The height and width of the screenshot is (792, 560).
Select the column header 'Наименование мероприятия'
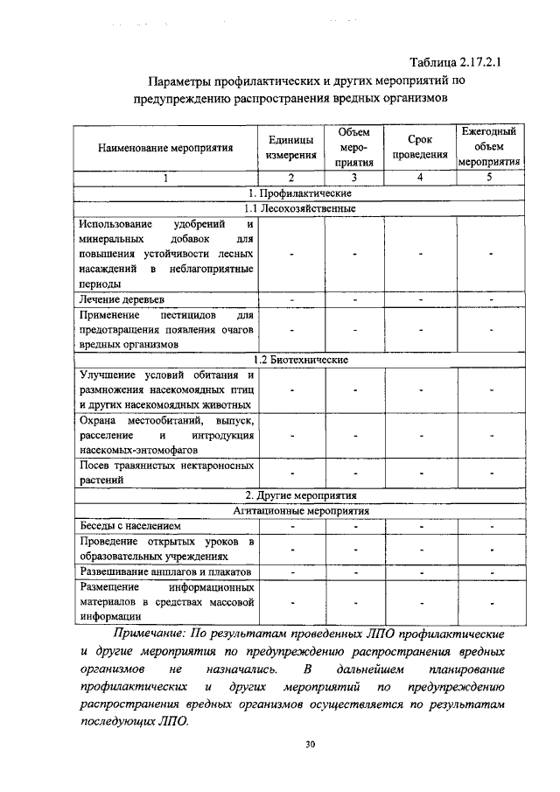(164, 148)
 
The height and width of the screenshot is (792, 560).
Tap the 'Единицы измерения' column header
(291, 147)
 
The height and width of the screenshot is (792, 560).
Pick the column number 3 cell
(355, 178)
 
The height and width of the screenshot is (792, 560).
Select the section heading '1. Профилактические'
(300, 193)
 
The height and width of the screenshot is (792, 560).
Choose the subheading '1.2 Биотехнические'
(300, 360)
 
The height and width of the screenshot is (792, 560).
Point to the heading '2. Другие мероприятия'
(300, 495)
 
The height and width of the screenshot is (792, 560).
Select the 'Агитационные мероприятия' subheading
(300, 510)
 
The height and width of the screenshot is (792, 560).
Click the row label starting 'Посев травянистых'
(165, 472)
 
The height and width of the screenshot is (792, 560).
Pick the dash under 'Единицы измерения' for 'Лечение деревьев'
(292, 299)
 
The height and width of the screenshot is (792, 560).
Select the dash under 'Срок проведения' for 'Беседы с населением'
(420, 526)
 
